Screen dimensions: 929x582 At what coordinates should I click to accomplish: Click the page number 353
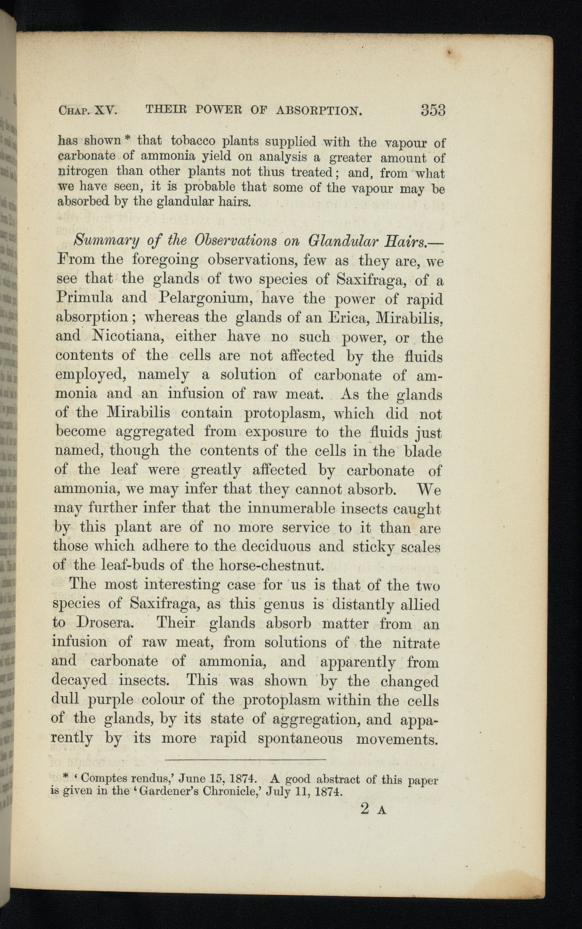433,110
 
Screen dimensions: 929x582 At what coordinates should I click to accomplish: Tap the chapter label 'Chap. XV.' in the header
89,110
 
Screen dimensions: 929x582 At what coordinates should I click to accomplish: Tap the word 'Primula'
82,298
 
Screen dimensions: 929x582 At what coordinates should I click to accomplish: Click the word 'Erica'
337,317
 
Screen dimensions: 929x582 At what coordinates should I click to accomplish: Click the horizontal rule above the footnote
246,759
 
